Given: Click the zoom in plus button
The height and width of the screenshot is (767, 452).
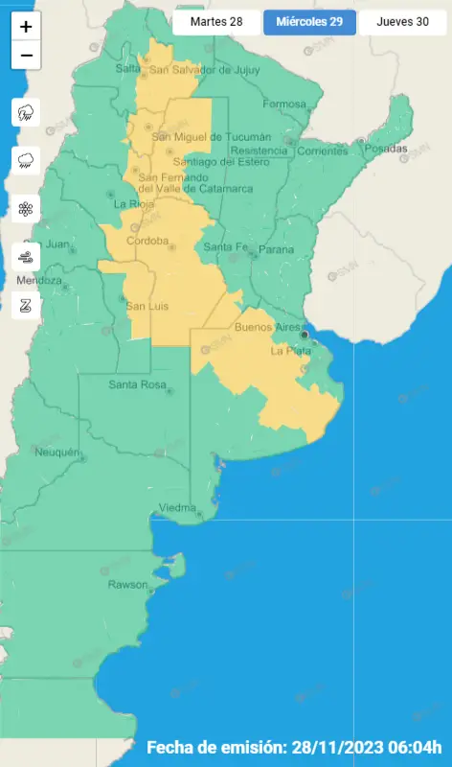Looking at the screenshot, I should pyautogui.click(x=26, y=27).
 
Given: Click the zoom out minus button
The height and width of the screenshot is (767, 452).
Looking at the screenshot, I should pyautogui.click(x=26, y=56).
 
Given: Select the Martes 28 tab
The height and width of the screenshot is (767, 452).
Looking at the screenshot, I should pyautogui.click(x=215, y=22).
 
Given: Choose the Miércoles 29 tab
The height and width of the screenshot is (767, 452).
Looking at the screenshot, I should pyautogui.click(x=309, y=22).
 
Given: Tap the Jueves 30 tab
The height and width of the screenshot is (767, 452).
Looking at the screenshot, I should pyautogui.click(x=402, y=22).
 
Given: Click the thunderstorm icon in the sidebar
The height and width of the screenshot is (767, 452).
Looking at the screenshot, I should pyautogui.click(x=26, y=113).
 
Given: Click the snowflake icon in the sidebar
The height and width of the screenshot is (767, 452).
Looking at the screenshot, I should pyautogui.click(x=26, y=208).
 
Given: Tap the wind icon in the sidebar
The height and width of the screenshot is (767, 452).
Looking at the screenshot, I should pyautogui.click(x=26, y=257).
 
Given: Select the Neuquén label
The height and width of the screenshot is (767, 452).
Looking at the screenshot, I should pyautogui.click(x=55, y=452).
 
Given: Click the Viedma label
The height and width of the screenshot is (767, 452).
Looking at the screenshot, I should pyautogui.click(x=177, y=506).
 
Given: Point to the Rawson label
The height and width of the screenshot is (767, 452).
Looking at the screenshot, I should pyautogui.click(x=128, y=584).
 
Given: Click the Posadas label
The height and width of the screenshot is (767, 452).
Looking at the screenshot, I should pyautogui.click(x=390, y=149).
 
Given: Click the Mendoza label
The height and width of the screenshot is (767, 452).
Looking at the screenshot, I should pyautogui.click(x=39, y=280).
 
